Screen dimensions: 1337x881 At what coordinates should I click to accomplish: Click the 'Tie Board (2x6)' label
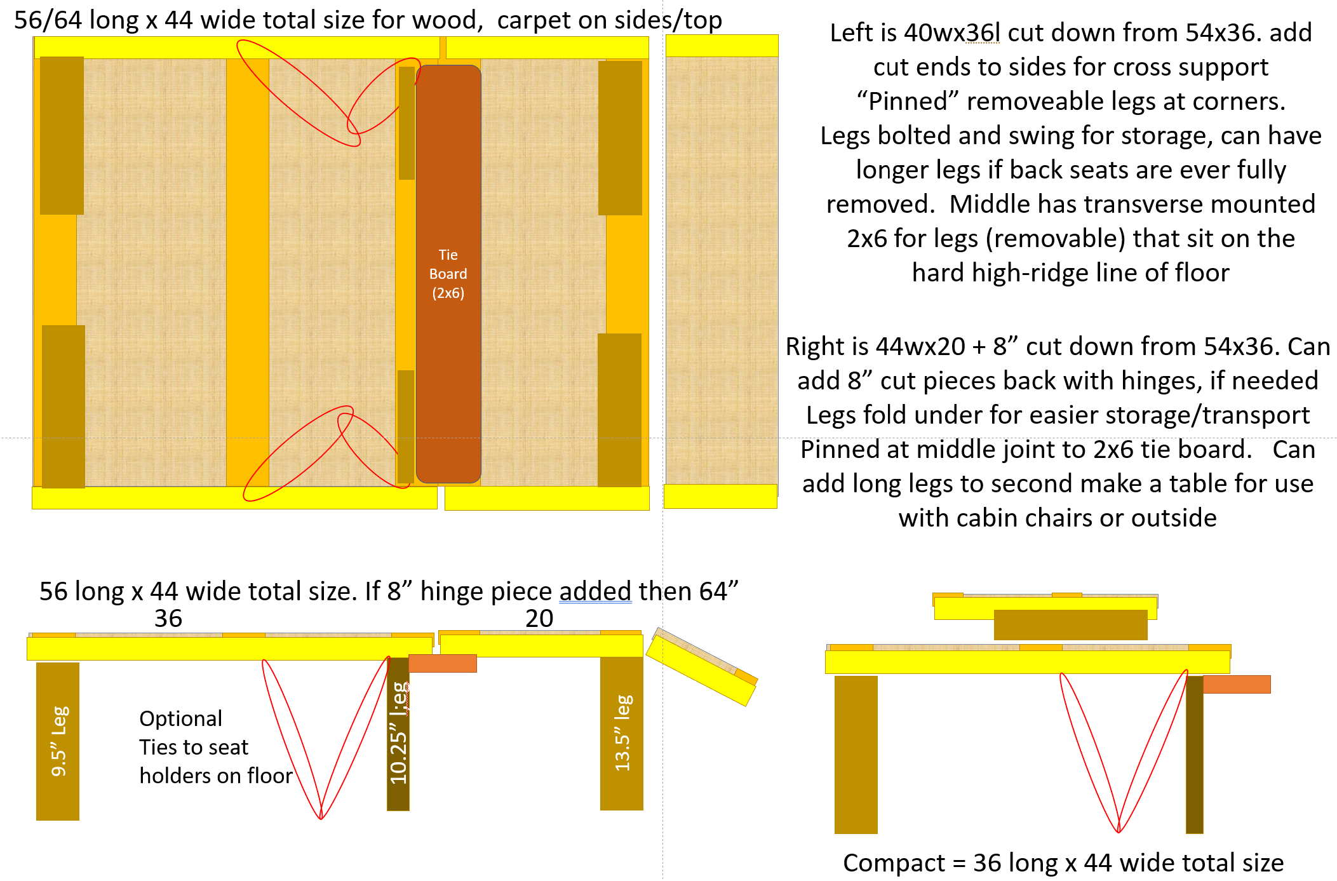(448, 274)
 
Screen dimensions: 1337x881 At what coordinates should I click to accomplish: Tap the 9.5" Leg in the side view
(58, 741)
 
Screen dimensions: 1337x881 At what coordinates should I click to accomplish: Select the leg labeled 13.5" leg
(622, 733)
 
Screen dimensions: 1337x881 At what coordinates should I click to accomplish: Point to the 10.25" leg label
(398, 733)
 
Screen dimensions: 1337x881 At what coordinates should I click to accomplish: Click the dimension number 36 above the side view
(168, 619)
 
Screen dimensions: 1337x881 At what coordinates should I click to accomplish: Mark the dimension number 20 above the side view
(539, 619)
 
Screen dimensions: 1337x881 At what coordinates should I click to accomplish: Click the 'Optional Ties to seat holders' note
(216, 747)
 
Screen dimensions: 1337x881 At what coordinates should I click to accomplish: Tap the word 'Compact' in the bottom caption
(894, 863)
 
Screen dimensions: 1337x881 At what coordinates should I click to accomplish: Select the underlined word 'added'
(595, 591)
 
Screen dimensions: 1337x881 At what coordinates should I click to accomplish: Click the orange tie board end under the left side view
(443, 663)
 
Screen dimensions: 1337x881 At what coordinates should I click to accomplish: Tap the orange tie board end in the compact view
(1237, 684)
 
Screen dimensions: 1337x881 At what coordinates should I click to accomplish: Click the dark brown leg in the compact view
(1195, 755)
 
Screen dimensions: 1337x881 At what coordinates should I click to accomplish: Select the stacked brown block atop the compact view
(1071, 625)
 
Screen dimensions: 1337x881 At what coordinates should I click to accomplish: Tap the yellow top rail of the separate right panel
(722, 46)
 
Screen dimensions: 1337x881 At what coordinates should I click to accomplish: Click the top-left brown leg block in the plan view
(62, 135)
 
